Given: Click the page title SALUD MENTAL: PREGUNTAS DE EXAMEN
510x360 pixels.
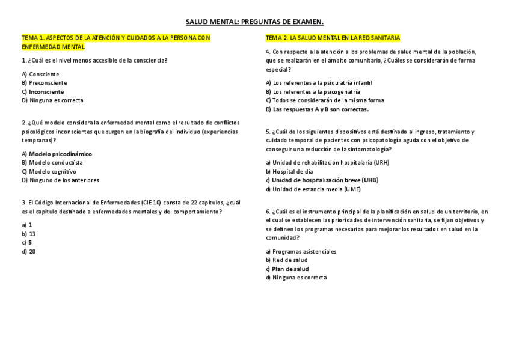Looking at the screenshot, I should [x=254, y=23].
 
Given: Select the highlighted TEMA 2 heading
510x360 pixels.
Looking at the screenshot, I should [x=333, y=38].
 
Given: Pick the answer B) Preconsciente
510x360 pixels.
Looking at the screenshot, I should [x=44, y=82].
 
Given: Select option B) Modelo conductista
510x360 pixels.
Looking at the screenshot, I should [x=52, y=162].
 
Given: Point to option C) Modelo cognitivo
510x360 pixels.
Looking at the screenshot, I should [x=49, y=171].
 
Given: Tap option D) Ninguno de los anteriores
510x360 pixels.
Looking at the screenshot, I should [x=60, y=180].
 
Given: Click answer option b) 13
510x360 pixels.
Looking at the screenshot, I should [x=28, y=234].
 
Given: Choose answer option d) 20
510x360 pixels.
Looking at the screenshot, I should [x=28, y=251].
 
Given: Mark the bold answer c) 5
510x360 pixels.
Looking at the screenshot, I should [x=26, y=242].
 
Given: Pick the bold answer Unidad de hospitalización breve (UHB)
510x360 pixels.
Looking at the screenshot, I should [x=324, y=180].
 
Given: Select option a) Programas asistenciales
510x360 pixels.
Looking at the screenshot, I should [x=301, y=251].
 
